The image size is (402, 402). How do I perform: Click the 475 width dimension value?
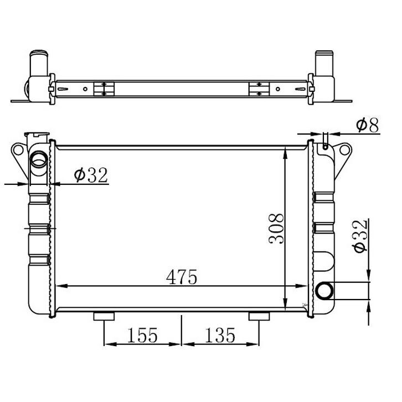(x=182, y=276)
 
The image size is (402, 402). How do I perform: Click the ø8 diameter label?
(x=367, y=126)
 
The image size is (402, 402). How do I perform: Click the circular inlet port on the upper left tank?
(x=39, y=160)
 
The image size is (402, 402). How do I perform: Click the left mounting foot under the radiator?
(x=104, y=316)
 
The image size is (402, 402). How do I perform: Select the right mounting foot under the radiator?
(x=259, y=316)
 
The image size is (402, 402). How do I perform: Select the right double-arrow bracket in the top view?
(x=259, y=89)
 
